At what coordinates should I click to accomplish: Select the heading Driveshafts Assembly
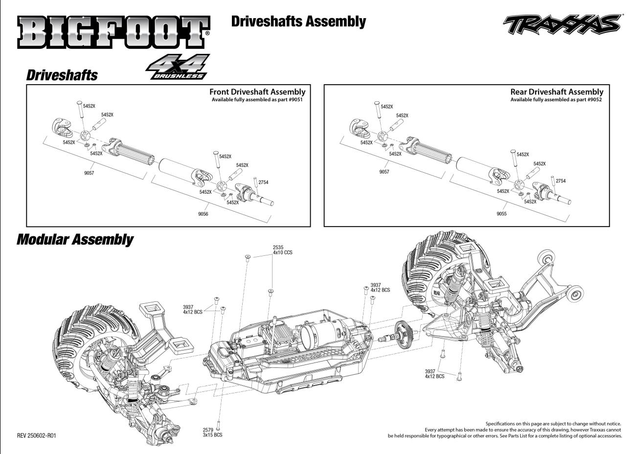298,22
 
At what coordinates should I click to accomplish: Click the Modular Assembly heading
75,239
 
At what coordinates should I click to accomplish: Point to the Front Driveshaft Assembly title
257,91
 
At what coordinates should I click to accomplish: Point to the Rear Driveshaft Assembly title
557,91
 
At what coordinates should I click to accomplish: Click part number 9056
203,214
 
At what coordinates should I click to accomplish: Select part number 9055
501,213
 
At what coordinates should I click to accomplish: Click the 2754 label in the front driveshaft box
263,182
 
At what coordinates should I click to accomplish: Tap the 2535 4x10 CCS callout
282,250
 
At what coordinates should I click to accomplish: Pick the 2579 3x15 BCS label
212,432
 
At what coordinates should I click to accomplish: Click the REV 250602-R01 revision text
37,435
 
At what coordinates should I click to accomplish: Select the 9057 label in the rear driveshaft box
384,172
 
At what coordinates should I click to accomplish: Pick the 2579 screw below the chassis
218,425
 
